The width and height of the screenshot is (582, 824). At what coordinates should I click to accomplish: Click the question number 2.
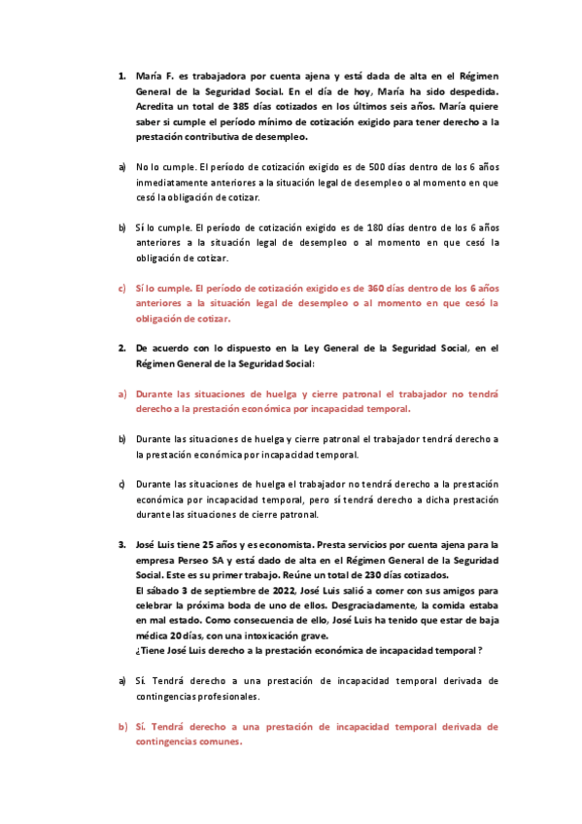(x=121, y=347)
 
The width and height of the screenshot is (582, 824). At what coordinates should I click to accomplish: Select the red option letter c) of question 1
(x=122, y=289)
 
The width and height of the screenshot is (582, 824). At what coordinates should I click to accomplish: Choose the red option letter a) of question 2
(x=122, y=395)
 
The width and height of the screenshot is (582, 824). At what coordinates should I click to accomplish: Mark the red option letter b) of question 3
(x=122, y=726)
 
